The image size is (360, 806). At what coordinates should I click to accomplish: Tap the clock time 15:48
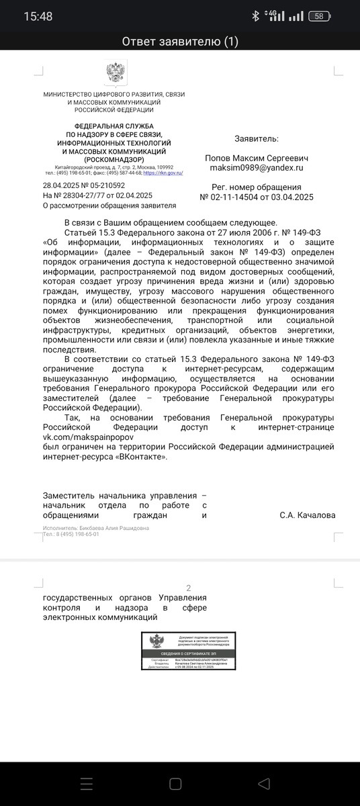click(38, 16)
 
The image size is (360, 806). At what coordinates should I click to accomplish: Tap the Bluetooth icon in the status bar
click(255, 16)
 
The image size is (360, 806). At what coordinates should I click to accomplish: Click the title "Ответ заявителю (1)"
click(180, 42)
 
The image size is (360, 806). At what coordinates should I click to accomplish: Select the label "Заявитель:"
click(256, 138)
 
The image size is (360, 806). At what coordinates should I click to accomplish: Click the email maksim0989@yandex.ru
click(256, 167)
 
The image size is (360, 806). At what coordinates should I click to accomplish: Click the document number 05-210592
click(103, 185)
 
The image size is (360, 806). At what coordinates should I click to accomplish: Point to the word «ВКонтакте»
click(140, 456)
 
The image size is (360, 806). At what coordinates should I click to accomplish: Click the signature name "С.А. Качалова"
click(307, 515)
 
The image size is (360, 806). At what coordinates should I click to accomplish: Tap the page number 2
click(189, 588)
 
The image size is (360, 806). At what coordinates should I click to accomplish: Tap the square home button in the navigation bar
click(175, 784)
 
